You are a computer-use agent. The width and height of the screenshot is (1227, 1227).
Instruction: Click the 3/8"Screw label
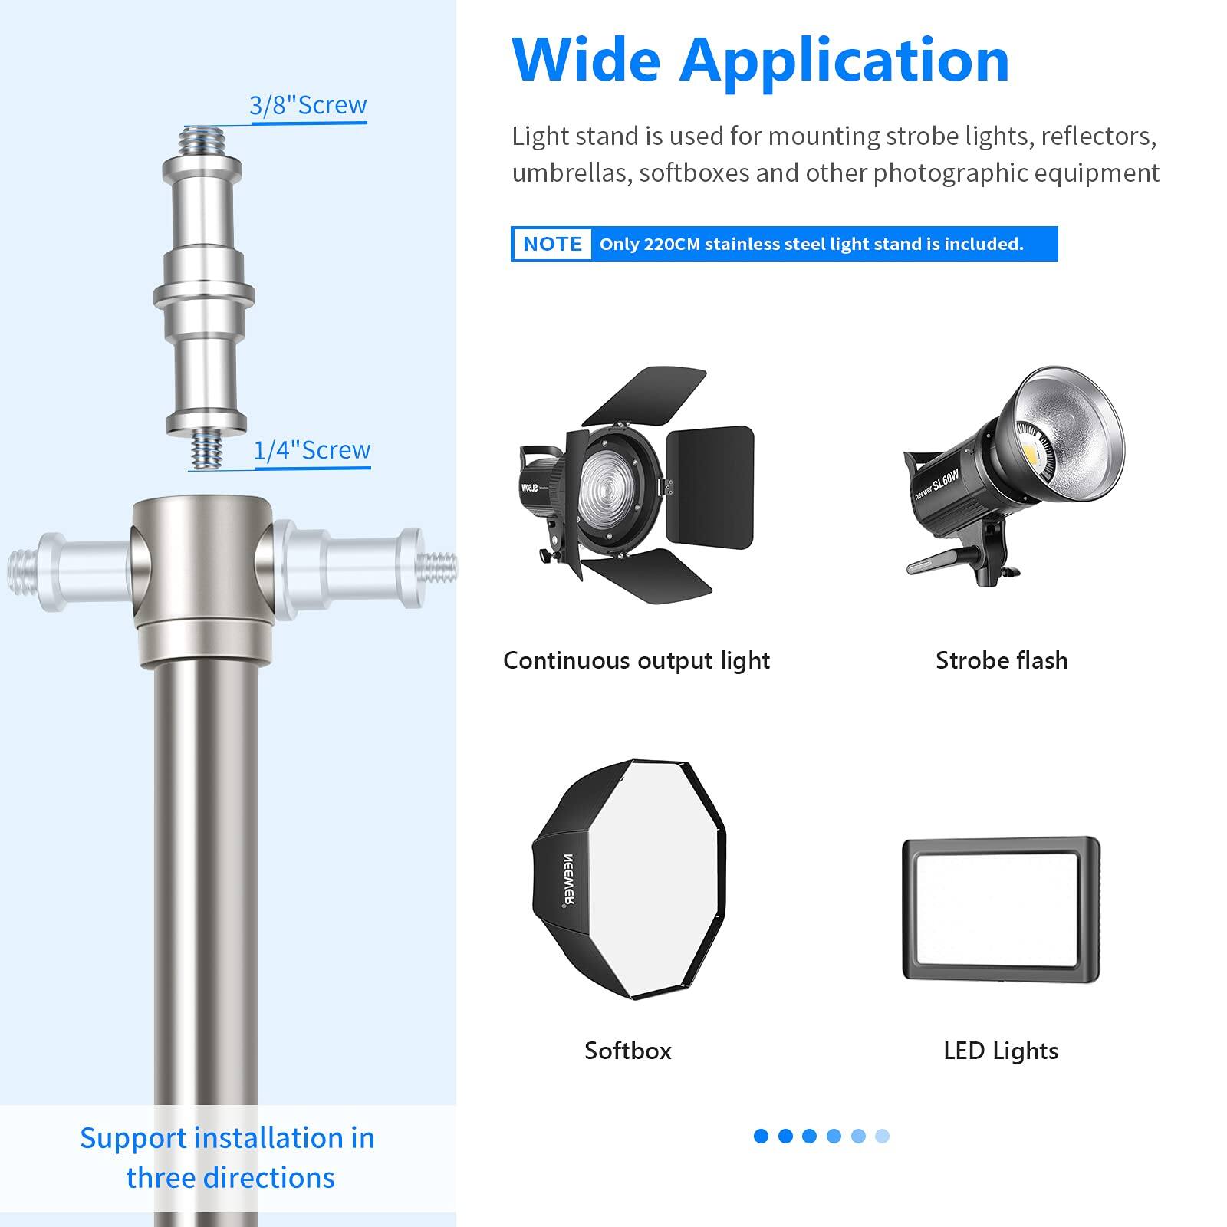coord(308,105)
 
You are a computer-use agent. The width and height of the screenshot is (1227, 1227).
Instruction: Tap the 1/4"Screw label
coord(312,450)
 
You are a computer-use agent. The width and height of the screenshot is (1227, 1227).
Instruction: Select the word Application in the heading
coord(844,59)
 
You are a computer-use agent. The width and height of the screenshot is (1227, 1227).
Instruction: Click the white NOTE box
coord(551,244)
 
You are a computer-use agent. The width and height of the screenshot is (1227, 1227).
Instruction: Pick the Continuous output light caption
coord(637,660)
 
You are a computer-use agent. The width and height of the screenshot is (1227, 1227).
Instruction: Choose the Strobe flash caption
coord(1001,660)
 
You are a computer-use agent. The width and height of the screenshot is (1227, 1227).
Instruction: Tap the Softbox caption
coord(627,1050)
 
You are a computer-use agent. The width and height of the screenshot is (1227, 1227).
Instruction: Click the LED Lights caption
coord(1001,1051)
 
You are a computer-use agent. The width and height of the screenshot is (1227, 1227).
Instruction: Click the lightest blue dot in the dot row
coord(882,1136)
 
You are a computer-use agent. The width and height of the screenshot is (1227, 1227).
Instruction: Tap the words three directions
coord(230,1178)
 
